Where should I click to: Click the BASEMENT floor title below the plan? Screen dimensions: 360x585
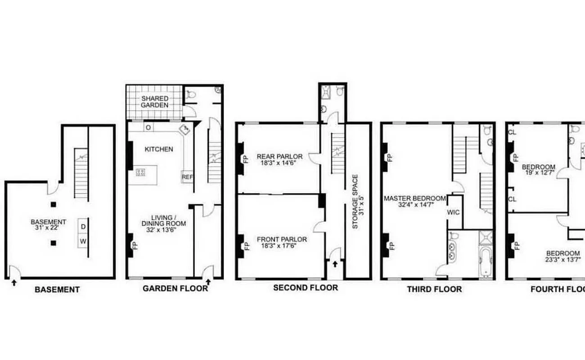[x=57, y=290]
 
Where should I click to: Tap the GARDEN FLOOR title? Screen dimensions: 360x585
[x=175, y=288]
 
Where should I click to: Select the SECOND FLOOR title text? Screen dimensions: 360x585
[x=305, y=288]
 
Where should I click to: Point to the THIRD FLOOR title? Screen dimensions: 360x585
[x=434, y=289]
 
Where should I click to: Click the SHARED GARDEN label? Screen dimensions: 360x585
[x=155, y=102]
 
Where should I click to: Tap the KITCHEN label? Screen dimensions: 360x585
[x=159, y=149]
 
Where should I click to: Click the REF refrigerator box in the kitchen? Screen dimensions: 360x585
[x=187, y=177]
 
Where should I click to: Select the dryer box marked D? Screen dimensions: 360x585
[x=83, y=226]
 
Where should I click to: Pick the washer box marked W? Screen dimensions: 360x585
[x=83, y=242]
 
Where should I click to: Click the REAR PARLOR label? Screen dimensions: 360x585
[x=279, y=157]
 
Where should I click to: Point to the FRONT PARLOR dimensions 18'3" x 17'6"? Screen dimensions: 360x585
[x=282, y=246]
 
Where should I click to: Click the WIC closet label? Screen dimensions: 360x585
[x=454, y=212]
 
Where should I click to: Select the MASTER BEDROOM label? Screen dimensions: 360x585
[x=414, y=198]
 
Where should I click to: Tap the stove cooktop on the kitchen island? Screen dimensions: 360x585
[x=140, y=171]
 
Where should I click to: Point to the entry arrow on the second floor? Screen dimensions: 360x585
[x=334, y=265]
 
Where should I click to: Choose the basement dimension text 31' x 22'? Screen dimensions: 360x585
[x=48, y=228]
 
